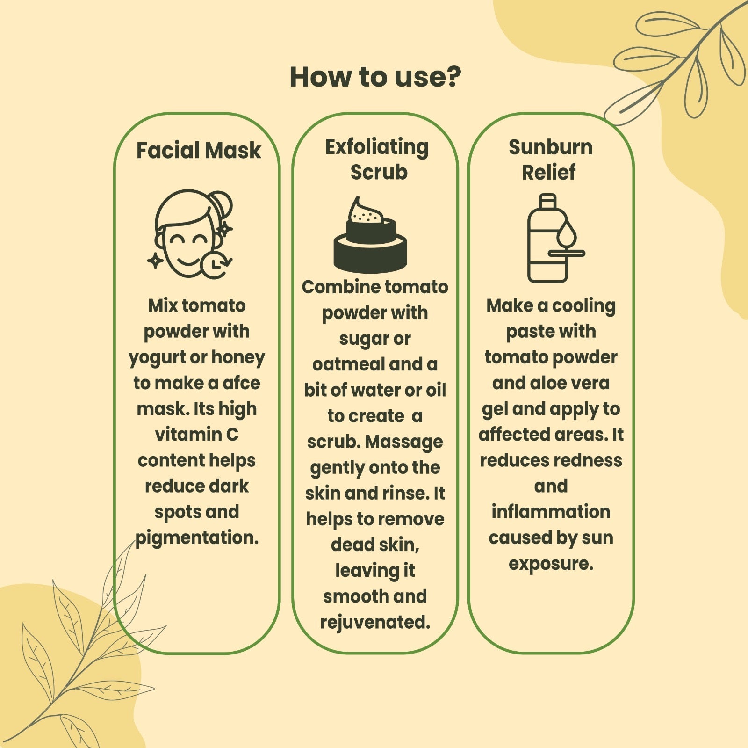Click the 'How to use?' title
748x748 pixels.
[375, 77]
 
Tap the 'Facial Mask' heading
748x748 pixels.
[199, 151]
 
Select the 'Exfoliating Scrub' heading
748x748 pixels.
[377, 160]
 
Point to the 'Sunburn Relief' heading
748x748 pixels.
[550, 160]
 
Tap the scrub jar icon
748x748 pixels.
[370, 235]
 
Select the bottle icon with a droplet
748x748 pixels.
[556, 238]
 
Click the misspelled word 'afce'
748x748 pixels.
[241, 383]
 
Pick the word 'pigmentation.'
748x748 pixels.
[197, 538]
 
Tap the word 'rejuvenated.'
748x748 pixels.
[375, 623]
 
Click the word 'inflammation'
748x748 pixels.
[551, 512]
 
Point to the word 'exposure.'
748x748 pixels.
[551, 564]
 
